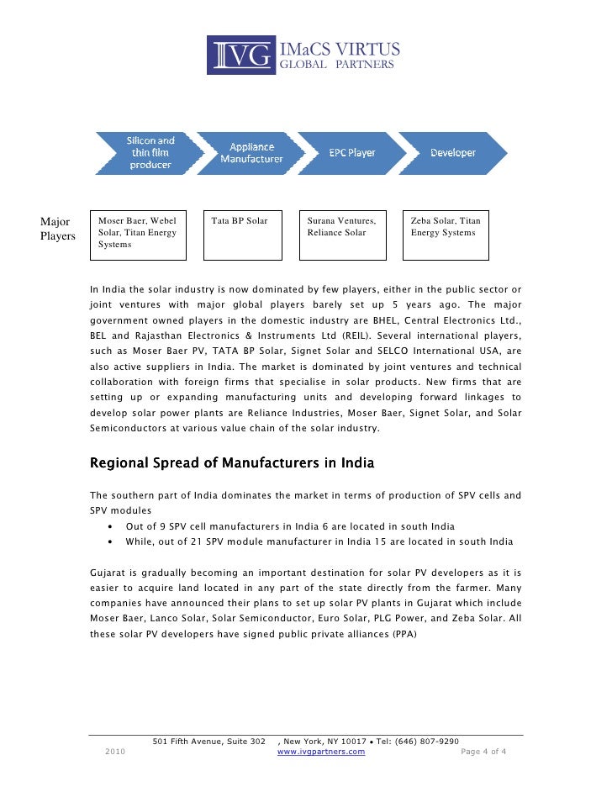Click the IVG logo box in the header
click(241, 55)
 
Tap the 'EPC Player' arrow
click(349, 152)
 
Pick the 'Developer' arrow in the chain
click(452, 152)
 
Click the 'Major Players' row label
click(57, 229)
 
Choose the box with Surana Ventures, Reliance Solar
click(343, 235)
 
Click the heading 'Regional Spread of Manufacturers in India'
click(232, 463)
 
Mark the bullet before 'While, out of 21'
click(112, 542)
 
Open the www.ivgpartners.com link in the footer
click(321, 751)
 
